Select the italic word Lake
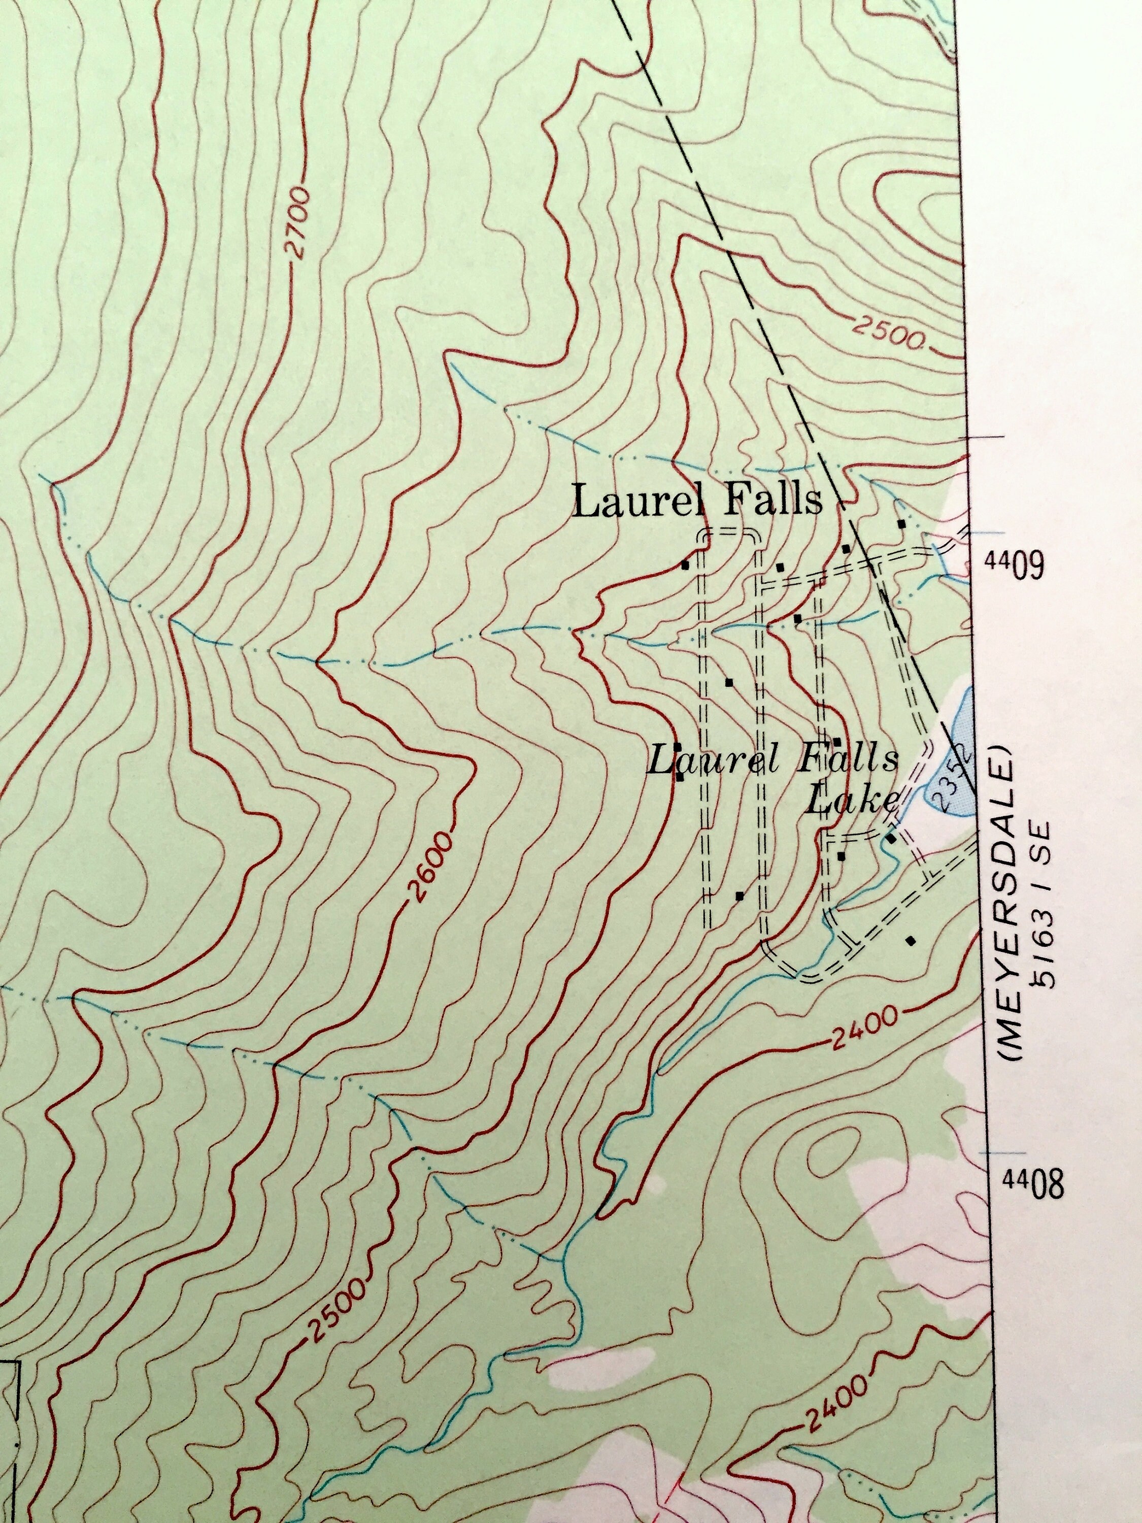pyautogui.click(x=852, y=801)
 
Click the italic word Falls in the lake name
pyautogui.click(x=848, y=759)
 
